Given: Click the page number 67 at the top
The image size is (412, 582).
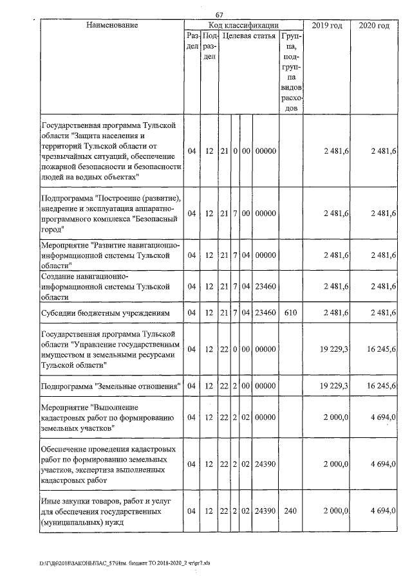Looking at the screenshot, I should [219, 15].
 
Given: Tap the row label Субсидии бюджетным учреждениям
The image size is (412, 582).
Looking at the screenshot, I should [106, 313].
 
